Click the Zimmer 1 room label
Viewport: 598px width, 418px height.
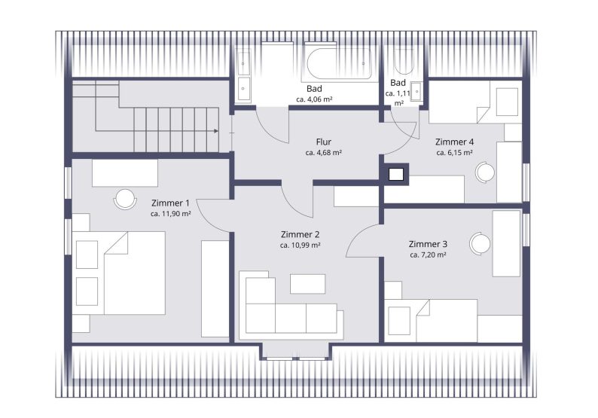[170, 203]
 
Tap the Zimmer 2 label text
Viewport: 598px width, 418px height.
[300, 234]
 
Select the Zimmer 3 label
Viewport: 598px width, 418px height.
[428, 244]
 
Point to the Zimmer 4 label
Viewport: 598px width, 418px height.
[455, 142]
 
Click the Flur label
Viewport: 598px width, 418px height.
[323, 142]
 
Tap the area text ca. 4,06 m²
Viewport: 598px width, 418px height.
[314, 99]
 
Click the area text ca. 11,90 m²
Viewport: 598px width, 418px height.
[170, 214]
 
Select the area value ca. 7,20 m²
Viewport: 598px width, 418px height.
[428, 255]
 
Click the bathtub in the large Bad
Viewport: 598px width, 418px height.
[338, 64]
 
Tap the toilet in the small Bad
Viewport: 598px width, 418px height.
[404, 61]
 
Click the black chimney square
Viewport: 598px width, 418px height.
[396, 175]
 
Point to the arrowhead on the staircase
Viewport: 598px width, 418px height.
[216, 131]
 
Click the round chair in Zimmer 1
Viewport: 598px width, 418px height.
[125, 199]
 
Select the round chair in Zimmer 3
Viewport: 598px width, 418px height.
[480, 243]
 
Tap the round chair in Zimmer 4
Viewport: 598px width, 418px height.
[485, 172]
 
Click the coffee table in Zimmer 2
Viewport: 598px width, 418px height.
[307, 284]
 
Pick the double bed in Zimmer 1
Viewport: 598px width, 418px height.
[134, 273]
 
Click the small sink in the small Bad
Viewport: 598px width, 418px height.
[416, 92]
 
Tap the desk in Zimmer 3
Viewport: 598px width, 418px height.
[506, 243]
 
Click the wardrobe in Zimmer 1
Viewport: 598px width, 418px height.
[215, 288]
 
